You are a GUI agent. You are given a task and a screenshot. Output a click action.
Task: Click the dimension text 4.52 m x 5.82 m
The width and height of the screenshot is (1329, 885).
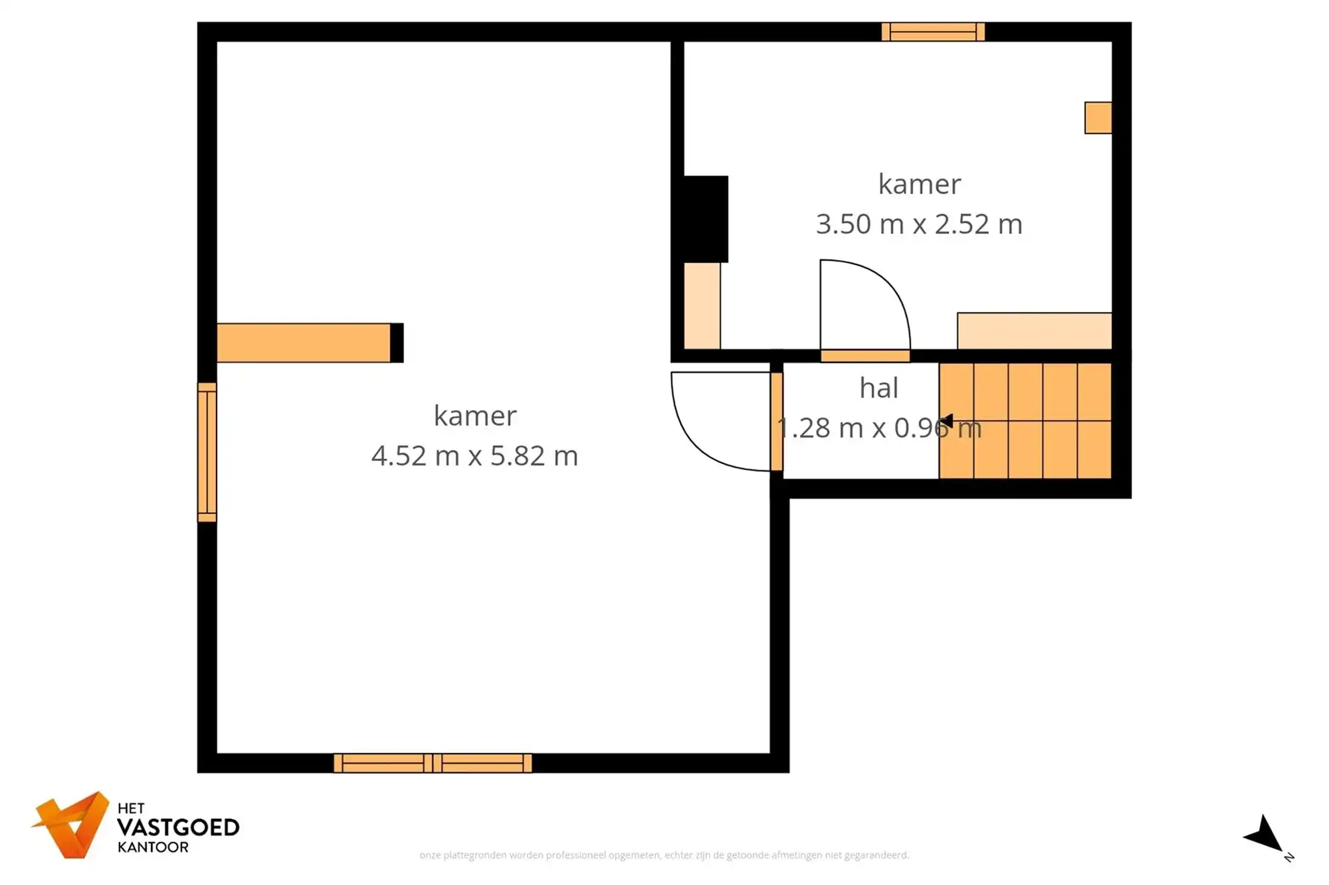(x=474, y=456)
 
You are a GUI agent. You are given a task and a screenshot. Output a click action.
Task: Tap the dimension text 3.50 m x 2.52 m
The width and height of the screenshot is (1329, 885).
(x=919, y=224)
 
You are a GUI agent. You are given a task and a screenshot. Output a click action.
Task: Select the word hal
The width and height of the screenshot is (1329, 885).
(x=878, y=388)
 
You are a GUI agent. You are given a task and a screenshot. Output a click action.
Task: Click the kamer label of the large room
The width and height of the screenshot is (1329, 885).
(x=474, y=416)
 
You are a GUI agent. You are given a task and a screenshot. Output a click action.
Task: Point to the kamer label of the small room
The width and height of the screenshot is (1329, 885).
(x=919, y=185)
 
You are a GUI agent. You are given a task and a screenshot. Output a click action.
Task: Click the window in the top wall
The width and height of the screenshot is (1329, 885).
(x=933, y=32)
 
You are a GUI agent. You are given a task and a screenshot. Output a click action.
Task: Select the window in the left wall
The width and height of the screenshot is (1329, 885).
(x=207, y=452)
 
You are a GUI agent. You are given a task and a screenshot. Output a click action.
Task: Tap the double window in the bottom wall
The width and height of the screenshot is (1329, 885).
(x=433, y=763)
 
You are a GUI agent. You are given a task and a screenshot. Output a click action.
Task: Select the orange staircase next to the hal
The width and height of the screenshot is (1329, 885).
(x=1025, y=421)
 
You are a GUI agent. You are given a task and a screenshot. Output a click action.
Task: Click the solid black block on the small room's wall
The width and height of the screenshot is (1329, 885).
(x=706, y=219)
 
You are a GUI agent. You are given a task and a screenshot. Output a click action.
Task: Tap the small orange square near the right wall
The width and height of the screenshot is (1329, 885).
(x=1098, y=118)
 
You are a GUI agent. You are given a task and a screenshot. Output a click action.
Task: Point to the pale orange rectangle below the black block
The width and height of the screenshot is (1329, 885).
(x=702, y=305)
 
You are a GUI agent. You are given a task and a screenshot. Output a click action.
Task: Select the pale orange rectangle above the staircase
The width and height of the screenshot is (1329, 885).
(x=1034, y=331)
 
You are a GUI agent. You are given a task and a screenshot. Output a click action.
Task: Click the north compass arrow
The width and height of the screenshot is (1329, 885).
(x=1266, y=835)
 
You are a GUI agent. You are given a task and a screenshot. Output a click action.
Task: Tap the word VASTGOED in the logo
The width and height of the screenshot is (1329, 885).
(x=178, y=828)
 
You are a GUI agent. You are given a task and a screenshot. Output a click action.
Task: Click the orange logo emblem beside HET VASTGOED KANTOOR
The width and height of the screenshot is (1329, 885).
(x=71, y=825)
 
